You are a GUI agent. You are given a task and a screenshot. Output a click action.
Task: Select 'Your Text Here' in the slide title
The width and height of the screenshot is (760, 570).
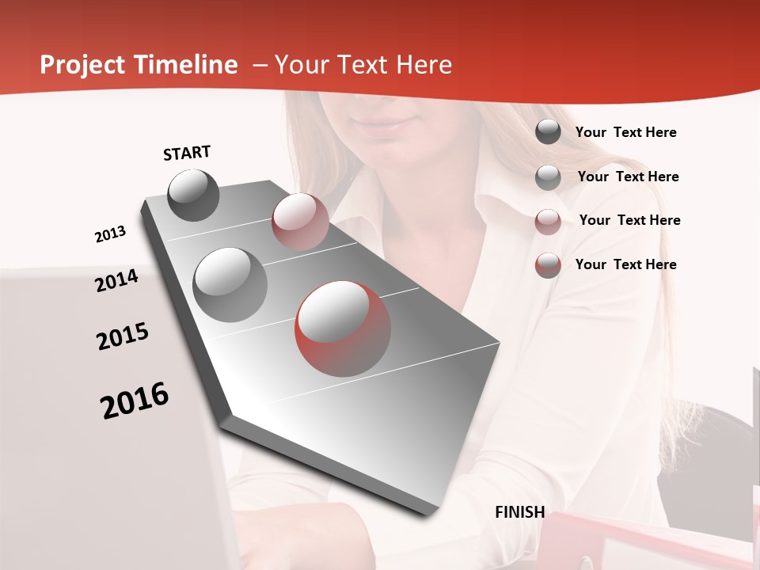point(363,65)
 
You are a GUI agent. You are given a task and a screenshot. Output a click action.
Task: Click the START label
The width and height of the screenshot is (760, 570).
point(187,153)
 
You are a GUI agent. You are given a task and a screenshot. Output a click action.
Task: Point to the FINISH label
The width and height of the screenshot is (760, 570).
point(519,512)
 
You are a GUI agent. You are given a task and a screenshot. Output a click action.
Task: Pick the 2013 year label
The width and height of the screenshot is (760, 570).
point(110,234)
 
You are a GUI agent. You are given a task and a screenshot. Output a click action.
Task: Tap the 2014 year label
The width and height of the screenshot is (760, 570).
point(116,280)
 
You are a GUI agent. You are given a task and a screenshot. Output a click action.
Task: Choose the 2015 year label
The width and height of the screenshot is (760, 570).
point(123,336)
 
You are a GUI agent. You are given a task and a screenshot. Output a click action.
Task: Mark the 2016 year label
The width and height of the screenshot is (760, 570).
point(135,401)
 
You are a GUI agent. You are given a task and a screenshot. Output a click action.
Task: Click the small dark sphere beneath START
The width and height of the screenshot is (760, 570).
point(194,195)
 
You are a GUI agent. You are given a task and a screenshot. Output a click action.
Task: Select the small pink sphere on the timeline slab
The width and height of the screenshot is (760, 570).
point(300,222)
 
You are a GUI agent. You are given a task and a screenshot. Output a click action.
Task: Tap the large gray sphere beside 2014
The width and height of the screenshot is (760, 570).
point(230,284)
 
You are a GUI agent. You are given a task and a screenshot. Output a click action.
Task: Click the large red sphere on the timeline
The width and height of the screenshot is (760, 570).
point(343,329)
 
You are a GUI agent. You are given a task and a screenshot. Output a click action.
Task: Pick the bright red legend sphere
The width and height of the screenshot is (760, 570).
point(548,265)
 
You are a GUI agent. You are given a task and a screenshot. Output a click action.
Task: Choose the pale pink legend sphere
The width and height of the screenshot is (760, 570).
point(548,221)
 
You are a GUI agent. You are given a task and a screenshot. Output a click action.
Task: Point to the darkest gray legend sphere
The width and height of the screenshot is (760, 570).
point(548,132)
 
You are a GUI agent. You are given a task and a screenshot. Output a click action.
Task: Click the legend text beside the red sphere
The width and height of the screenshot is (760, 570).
point(625,264)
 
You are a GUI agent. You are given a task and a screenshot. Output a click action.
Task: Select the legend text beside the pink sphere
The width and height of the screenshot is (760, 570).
point(629,220)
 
